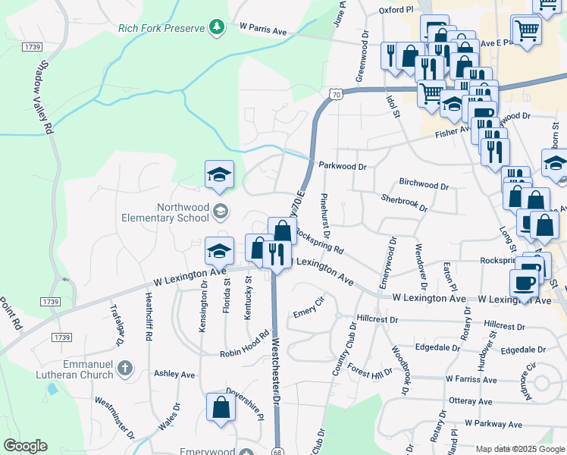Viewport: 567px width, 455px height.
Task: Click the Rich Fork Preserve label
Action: coord(161,29)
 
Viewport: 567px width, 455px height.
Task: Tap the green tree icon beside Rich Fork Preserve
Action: coord(218,28)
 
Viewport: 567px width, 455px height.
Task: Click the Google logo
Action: coord(25,446)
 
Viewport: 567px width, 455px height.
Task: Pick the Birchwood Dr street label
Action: coord(424,184)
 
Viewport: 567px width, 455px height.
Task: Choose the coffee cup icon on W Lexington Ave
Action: coord(524,283)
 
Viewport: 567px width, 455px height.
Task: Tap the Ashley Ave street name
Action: coord(174,375)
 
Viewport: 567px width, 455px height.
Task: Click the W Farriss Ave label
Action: coord(471,379)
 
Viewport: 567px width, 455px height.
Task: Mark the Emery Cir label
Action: coord(309,311)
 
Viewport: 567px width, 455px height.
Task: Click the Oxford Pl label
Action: coord(396,10)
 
